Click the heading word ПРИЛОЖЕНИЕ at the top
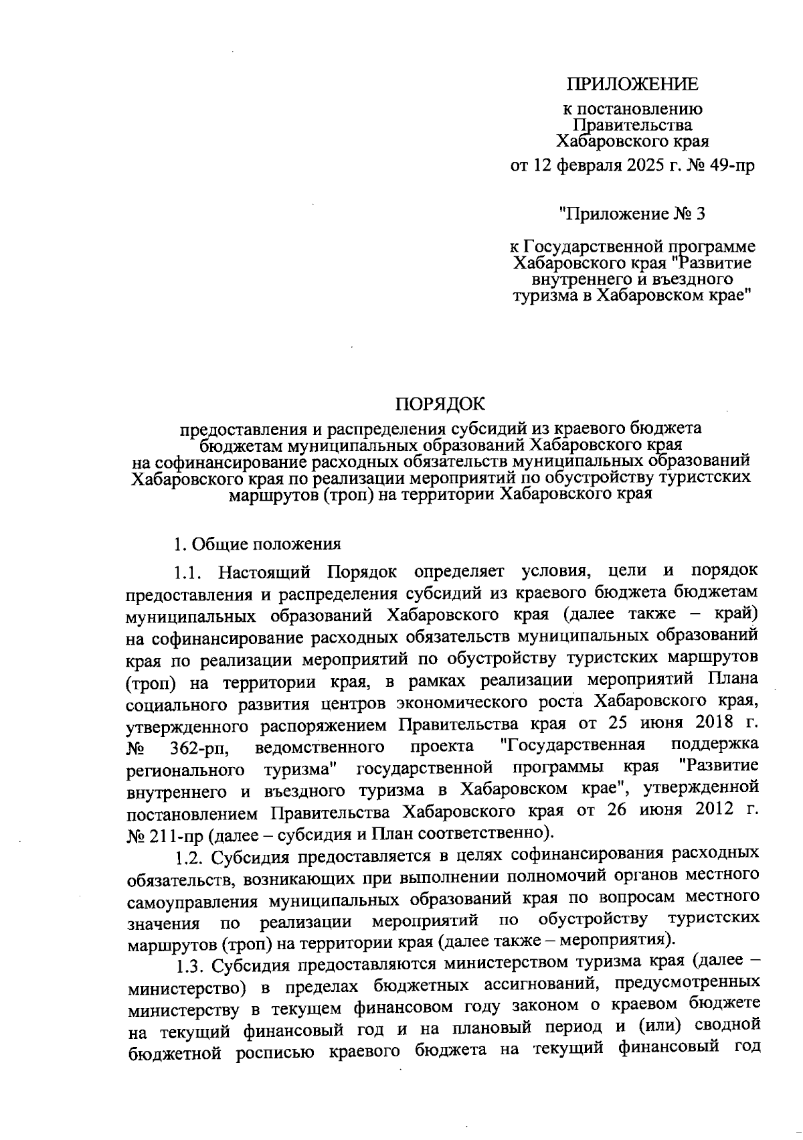tap(632, 84)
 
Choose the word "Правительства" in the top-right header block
tap(632, 125)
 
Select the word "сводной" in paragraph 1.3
tap(727, 1025)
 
